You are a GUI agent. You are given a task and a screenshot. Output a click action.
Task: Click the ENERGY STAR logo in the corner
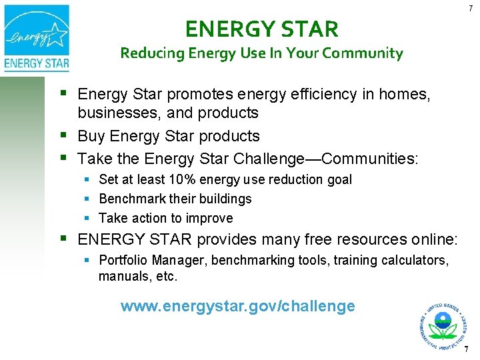(x=37, y=37)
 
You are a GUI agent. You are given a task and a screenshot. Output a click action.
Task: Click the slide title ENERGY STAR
(x=262, y=29)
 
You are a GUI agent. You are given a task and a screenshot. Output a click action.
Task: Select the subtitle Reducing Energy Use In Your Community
(x=261, y=53)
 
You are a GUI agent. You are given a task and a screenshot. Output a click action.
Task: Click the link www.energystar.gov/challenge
(x=238, y=307)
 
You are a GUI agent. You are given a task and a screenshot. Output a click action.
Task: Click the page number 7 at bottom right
(x=467, y=349)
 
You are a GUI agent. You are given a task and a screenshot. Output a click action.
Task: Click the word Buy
(x=91, y=136)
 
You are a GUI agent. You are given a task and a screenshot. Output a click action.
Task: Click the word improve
(x=211, y=218)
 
